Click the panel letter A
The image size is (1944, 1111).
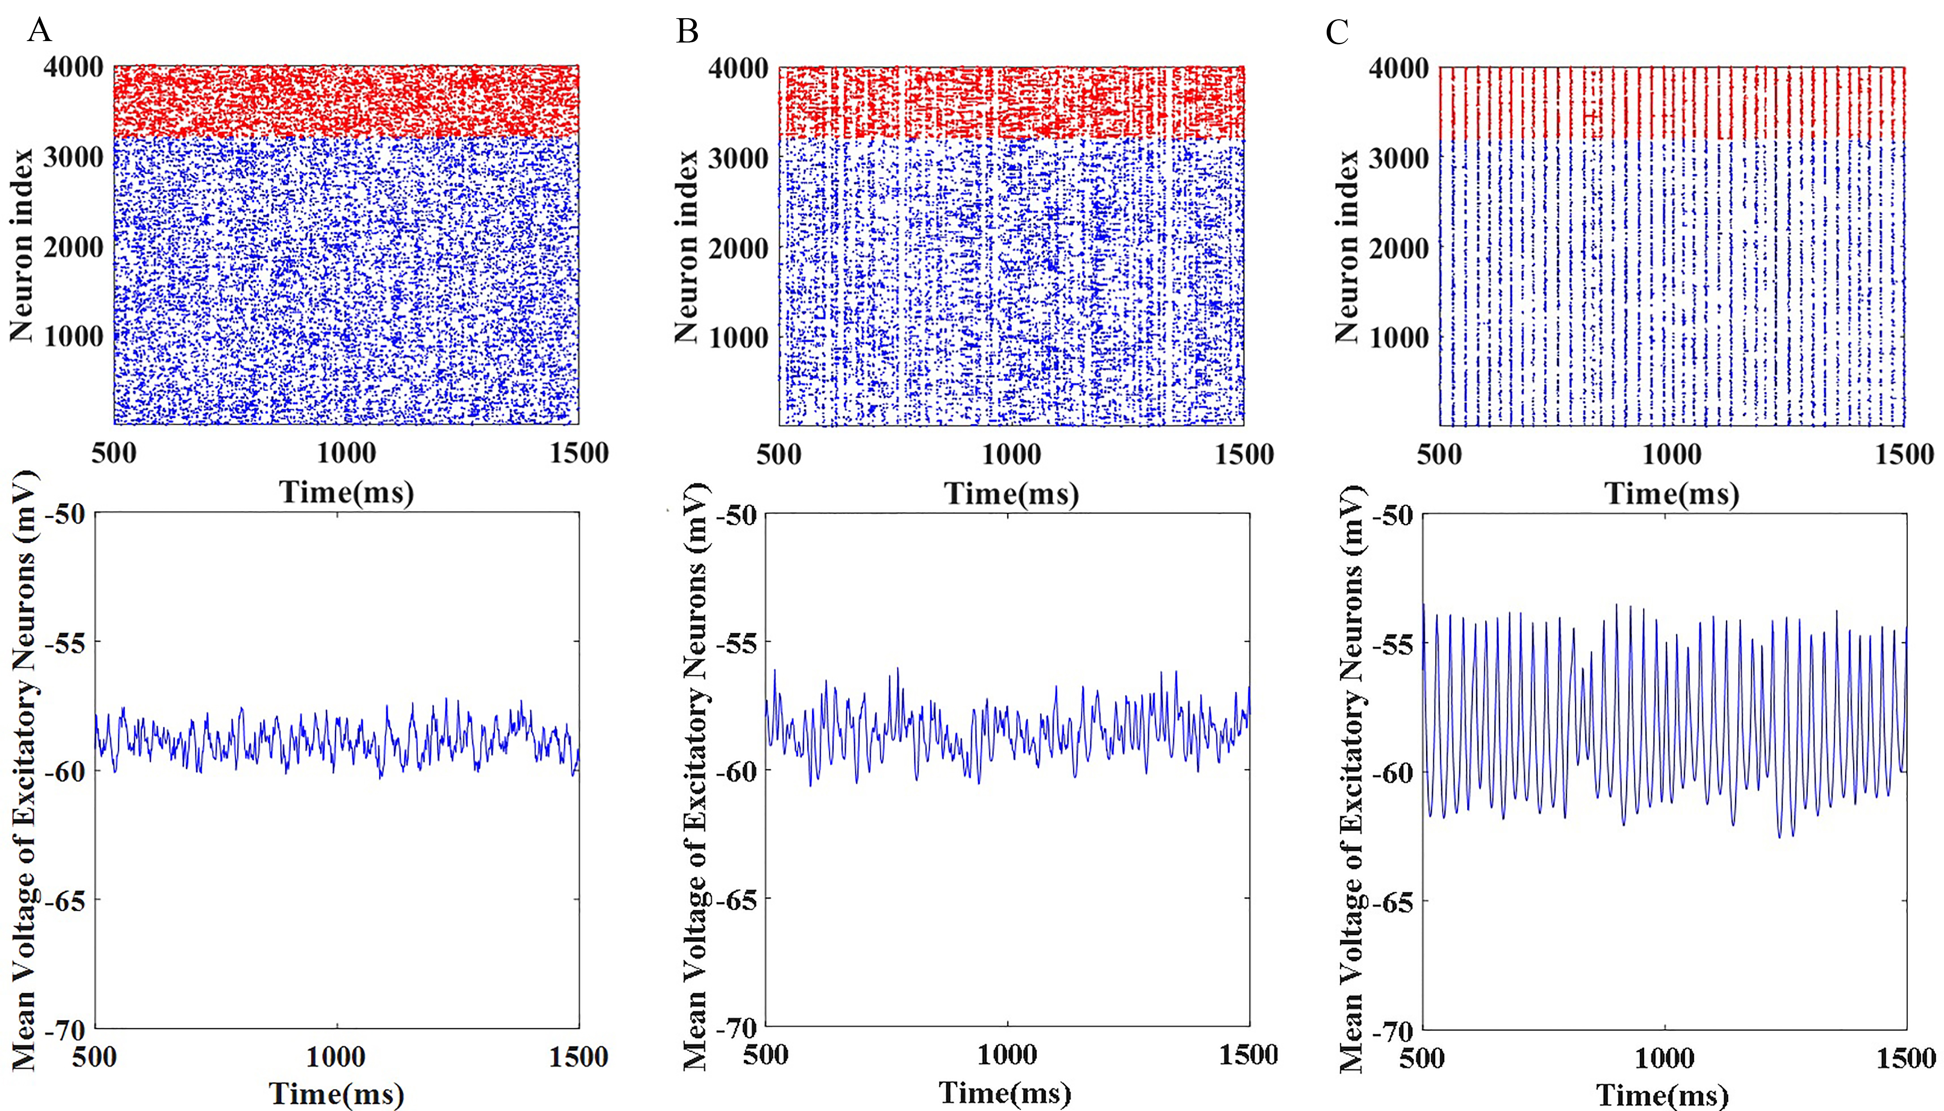tap(40, 31)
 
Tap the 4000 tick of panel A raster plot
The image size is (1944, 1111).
tap(73, 67)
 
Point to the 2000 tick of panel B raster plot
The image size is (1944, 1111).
tap(738, 248)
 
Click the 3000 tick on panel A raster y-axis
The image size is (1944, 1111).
tap(73, 158)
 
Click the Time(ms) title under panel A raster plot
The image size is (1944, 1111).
tap(347, 492)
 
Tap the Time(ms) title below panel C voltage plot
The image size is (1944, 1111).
tap(1662, 1096)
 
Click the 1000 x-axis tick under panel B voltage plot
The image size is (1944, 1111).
tap(1007, 1055)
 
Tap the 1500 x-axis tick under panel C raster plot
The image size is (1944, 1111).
tap(1904, 455)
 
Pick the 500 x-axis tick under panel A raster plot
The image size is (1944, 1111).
tap(114, 453)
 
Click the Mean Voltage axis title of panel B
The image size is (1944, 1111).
tap(694, 774)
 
